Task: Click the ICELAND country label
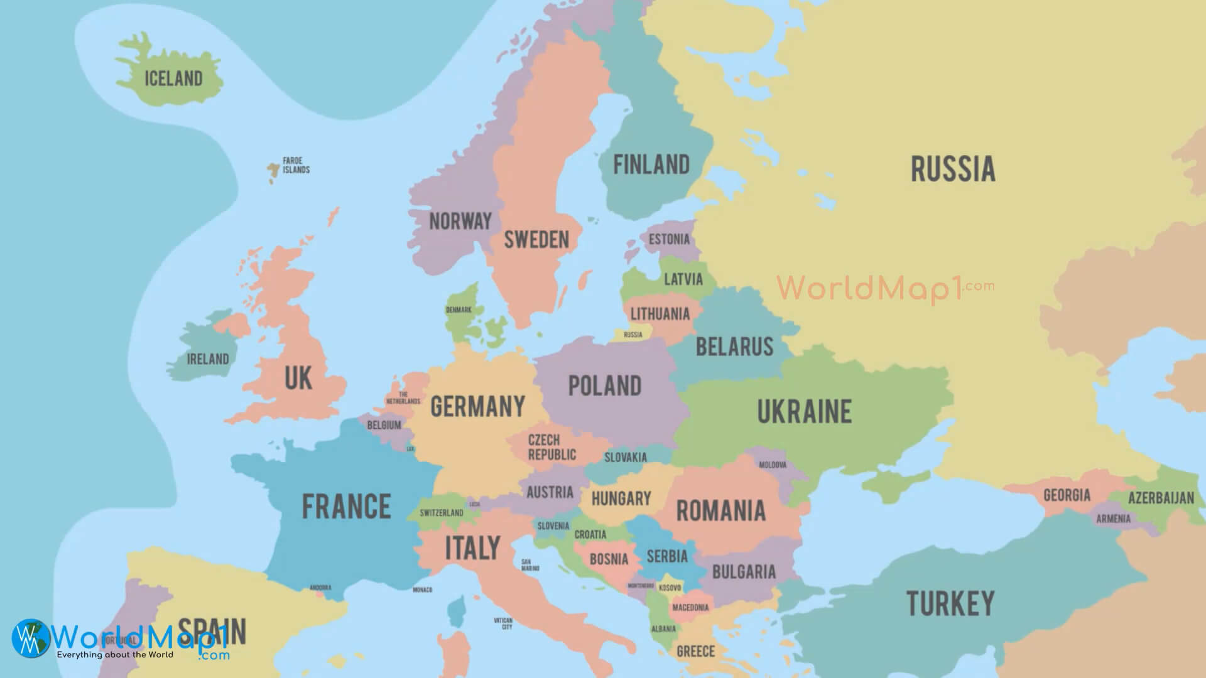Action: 173,78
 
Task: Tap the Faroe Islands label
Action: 296,165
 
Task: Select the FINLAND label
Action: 651,164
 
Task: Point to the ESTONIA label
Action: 669,239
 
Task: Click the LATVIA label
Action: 683,279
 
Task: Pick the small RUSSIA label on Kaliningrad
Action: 633,335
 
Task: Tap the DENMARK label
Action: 459,310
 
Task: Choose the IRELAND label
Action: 208,359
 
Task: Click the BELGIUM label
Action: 384,425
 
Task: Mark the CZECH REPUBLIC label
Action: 551,447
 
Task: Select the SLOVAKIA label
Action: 625,458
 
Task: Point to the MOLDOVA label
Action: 773,465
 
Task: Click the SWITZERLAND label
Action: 442,513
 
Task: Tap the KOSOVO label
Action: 670,588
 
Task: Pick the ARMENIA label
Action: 1113,519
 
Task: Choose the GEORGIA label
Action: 1067,495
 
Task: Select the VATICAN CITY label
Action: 503,623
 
